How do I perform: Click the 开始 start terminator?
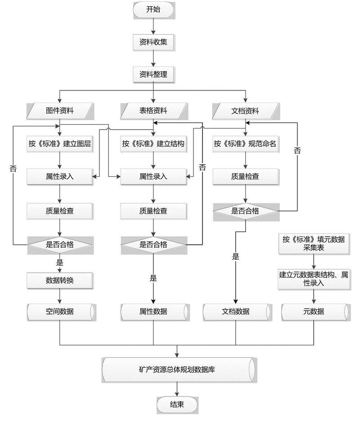(x=153, y=10)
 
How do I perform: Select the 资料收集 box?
(x=153, y=42)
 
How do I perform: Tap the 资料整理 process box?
(x=153, y=74)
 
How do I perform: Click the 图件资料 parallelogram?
(x=60, y=111)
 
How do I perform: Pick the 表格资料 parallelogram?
(x=153, y=111)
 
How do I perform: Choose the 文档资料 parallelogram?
(x=245, y=111)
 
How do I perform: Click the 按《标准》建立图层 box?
(x=60, y=144)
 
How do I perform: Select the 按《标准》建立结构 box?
(x=153, y=144)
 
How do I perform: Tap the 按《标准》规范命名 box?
(x=245, y=144)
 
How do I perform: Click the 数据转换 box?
(x=60, y=280)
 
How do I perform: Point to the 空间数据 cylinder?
(x=60, y=311)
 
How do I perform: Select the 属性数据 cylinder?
(x=153, y=311)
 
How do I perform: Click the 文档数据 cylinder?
(x=236, y=311)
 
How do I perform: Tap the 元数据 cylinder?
(x=314, y=311)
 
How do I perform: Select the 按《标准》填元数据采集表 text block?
(x=314, y=243)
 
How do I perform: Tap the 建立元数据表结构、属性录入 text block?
(x=314, y=279)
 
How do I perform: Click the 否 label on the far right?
(x=297, y=151)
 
